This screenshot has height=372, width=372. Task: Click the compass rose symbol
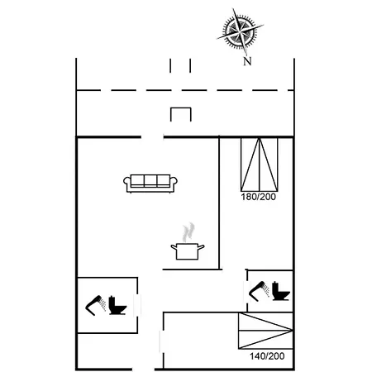pyautogui.click(x=240, y=31)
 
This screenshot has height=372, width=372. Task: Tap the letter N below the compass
pyautogui.click(x=247, y=61)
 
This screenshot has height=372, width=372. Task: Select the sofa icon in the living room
pyautogui.click(x=150, y=184)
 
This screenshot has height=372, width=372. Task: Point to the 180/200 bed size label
pyautogui.click(x=258, y=197)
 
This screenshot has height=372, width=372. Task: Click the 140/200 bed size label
pyautogui.click(x=267, y=356)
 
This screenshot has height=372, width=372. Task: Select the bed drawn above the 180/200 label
pyautogui.click(x=260, y=165)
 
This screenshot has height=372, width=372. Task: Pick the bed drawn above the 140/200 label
pyautogui.click(x=265, y=331)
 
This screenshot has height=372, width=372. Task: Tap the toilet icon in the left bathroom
pyautogui.click(x=117, y=305)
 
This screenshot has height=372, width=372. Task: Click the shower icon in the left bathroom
pyautogui.click(x=95, y=305)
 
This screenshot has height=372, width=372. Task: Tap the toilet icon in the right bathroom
pyautogui.click(x=280, y=291)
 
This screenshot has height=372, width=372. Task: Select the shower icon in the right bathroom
pyautogui.click(x=259, y=291)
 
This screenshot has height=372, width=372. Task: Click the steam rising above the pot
pyautogui.click(x=188, y=232)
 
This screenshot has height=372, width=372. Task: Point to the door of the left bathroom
pyautogui.click(x=137, y=306)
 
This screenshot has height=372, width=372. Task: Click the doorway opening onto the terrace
pyautogui.click(x=152, y=136)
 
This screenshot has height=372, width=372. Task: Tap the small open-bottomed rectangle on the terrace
pyautogui.click(x=181, y=114)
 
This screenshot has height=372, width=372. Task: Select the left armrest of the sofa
pyautogui.click(x=127, y=184)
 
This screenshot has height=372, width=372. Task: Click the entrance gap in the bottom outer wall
pyautogui.click(x=143, y=370)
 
